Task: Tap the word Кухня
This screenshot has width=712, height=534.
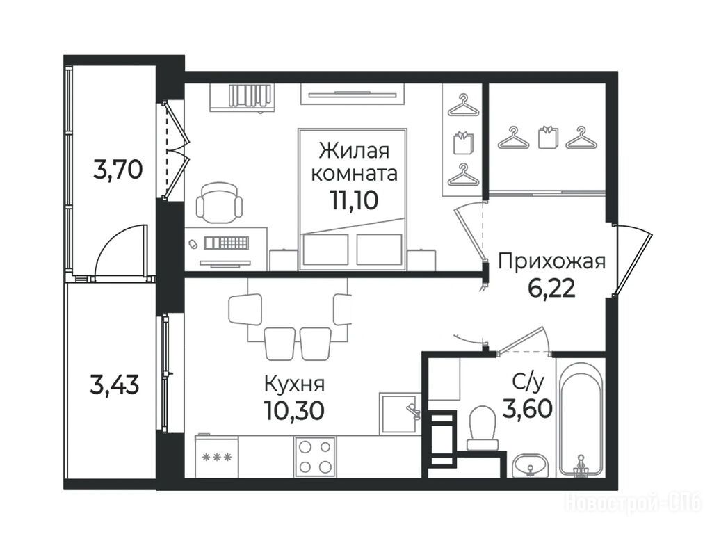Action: pos(294,384)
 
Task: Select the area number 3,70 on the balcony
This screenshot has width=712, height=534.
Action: pos(118,171)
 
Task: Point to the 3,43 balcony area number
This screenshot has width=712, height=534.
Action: pos(115,387)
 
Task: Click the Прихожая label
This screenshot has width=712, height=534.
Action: pos(552,262)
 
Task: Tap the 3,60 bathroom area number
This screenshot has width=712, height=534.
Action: pos(527,408)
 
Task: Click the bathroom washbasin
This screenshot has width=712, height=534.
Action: pos(530,466)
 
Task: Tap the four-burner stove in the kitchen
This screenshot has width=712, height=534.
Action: pos(315,457)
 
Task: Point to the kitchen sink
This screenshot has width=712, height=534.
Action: pos(400,413)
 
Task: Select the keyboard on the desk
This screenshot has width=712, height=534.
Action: pos(226,243)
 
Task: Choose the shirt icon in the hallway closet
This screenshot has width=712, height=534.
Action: pos(548,137)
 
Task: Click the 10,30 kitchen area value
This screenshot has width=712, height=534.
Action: pos(294,410)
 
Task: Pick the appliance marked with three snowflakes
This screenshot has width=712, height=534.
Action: pos(217,456)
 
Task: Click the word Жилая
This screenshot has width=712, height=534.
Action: pos(354,151)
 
